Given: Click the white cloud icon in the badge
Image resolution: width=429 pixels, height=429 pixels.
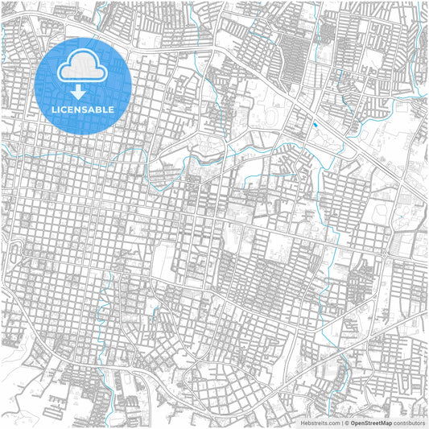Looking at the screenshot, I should pyautogui.click(x=84, y=65).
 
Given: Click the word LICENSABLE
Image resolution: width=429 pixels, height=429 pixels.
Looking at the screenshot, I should pyautogui.click(x=84, y=109).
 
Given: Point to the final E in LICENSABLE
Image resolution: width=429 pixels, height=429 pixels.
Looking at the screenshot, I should pyautogui.click(x=112, y=109).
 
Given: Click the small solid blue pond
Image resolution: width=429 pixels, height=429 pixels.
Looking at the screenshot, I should pyautogui.click(x=314, y=126).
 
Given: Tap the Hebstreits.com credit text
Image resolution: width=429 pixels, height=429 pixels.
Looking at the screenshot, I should pyautogui.click(x=320, y=423).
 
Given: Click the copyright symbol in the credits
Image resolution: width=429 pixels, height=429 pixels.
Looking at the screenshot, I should pyautogui.click(x=346, y=423).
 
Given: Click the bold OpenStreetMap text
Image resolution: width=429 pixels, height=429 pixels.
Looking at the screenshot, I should pyautogui.click(x=371, y=423).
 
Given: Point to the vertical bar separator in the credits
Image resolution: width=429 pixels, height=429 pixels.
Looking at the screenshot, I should pyautogui.click(x=340, y=423).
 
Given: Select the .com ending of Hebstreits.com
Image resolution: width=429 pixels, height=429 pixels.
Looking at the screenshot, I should pyautogui.click(x=332, y=423).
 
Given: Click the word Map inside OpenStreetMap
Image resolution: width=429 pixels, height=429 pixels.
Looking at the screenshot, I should pyautogui.click(x=386, y=423).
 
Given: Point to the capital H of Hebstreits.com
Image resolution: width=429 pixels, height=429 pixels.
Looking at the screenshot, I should pyautogui.click(x=303, y=423).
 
